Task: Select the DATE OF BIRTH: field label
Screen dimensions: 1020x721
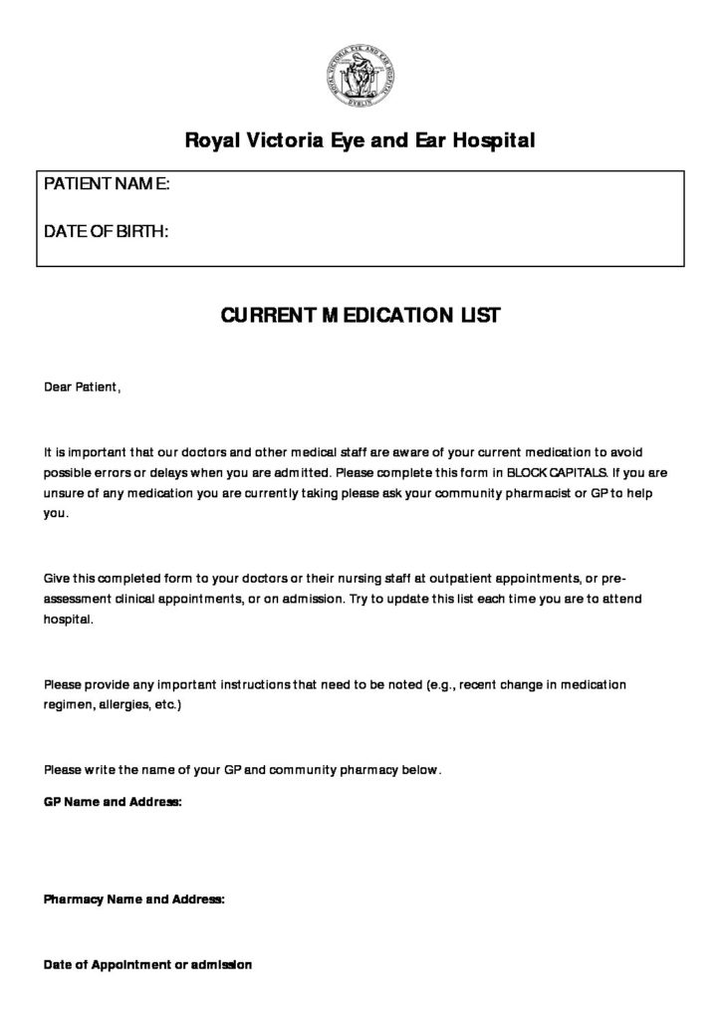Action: [106, 232]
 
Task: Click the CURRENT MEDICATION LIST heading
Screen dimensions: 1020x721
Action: [360, 316]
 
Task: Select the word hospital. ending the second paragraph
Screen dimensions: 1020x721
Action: [69, 620]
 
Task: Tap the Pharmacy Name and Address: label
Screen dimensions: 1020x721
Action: [134, 898]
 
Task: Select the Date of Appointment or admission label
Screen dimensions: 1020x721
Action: [148, 964]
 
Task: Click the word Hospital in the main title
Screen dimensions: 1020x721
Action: [493, 140]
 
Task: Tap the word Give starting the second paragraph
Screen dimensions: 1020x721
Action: [58, 578]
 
